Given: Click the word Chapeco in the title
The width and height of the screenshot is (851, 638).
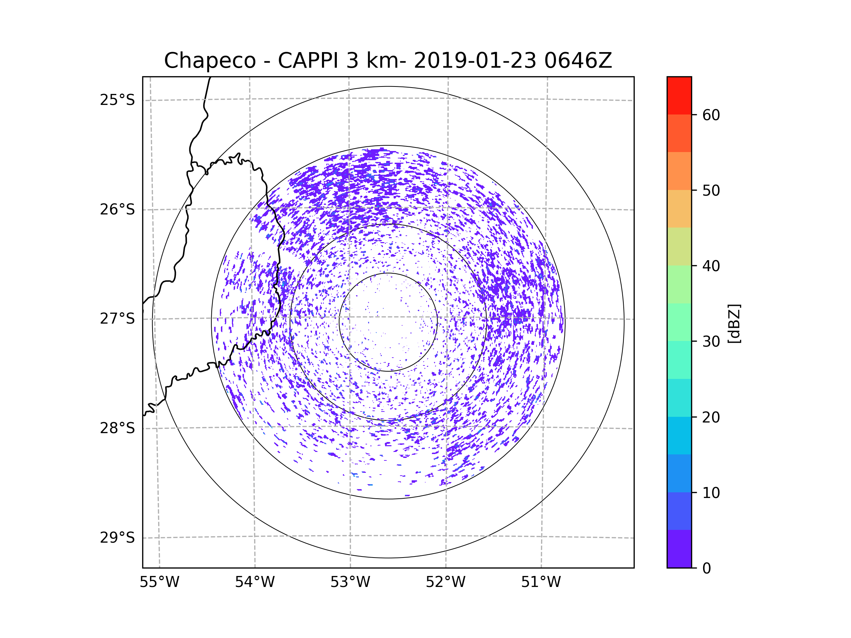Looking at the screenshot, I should [x=210, y=61].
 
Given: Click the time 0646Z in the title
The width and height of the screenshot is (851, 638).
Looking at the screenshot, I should [x=578, y=61].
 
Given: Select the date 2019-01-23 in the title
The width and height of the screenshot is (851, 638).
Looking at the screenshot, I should [x=475, y=61].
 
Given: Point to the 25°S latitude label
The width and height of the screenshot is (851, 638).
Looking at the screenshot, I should [x=117, y=100].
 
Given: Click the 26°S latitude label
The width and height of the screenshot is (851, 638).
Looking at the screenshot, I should [x=117, y=209].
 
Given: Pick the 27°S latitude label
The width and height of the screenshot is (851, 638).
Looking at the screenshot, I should [x=117, y=319].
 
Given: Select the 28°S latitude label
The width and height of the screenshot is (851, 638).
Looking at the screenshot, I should [x=117, y=428].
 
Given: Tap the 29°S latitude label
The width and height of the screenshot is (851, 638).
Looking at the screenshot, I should [x=117, y=538].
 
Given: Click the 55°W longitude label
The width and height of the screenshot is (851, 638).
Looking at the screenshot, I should [x=159, y=582].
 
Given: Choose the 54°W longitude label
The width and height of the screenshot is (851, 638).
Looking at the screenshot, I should [x=255, y=582].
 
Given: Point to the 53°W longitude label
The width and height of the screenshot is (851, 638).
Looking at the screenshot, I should [x=350, y=582].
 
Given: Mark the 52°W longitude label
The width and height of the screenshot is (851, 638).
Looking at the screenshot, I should [x=445, y=582].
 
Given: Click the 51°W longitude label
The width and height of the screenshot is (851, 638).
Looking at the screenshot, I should [x=541, y=582].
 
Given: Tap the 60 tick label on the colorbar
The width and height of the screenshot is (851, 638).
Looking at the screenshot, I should [x=711, y=115].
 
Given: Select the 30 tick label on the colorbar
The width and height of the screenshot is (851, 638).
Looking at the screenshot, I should [x=711, y=341].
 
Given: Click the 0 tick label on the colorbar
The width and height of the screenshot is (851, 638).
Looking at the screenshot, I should [x=707, y=569].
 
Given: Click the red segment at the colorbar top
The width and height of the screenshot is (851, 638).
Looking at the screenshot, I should [x=679, y=95].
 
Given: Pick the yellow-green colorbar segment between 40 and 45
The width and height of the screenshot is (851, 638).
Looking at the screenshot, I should [x=679, y=246].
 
